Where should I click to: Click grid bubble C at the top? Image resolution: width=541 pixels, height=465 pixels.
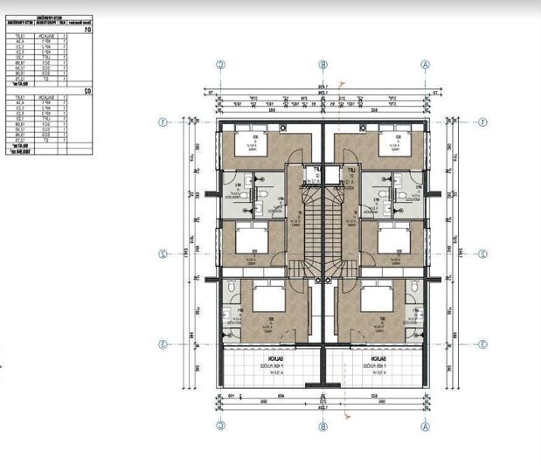click(221, 64)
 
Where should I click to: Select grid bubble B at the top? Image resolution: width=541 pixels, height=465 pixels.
click(323, 64)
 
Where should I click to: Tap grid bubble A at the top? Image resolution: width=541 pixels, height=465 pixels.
click(426, 64)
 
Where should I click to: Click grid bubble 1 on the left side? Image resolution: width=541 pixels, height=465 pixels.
click(163, 121)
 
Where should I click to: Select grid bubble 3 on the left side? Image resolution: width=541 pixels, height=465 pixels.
click(163, 344)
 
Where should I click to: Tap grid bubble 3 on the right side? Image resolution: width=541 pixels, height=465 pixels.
click(483, 344)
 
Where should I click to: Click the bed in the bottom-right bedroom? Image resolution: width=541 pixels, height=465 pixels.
click(377, 299)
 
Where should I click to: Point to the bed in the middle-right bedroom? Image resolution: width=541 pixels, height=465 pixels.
click(394, 237)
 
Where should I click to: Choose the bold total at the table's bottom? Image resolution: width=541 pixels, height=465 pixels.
click(19, 151)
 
